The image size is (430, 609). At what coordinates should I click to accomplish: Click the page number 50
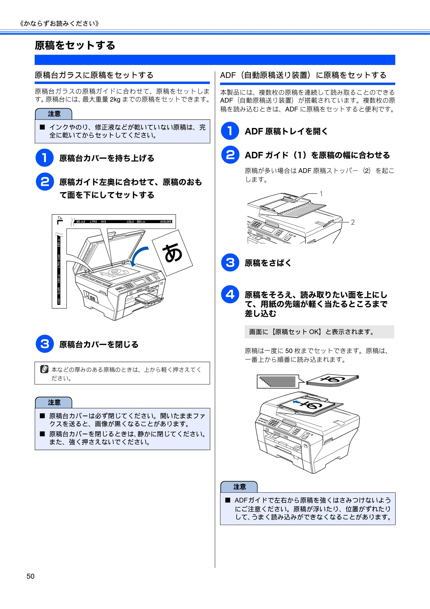[31, 576]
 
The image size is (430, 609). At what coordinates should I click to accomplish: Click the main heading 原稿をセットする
[75, 45]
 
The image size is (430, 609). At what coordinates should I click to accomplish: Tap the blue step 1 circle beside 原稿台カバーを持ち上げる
[45, 158]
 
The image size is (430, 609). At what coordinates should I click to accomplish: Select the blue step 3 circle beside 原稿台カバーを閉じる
[45, 344]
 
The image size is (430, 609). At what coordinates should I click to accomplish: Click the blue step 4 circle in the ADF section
[230, 294]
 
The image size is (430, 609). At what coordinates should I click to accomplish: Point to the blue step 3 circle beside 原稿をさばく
[230, 263]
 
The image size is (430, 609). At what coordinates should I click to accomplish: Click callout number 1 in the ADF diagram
[321, 194]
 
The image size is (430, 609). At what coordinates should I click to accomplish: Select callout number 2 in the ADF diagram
[353, 222]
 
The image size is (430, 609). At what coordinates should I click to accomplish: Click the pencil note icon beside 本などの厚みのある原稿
[44, 369]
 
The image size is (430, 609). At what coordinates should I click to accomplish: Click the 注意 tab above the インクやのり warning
[54, 114]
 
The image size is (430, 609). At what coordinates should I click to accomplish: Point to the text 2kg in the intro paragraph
[115, 99]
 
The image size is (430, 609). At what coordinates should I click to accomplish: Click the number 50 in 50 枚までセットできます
[289, 351]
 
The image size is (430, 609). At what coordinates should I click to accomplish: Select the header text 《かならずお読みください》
[59, 24]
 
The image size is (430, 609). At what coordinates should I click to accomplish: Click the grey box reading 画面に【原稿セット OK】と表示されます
[319, 332]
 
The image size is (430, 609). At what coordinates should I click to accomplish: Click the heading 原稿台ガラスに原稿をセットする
[94, 75]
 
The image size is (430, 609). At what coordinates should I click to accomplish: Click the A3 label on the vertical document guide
[59, 301]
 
